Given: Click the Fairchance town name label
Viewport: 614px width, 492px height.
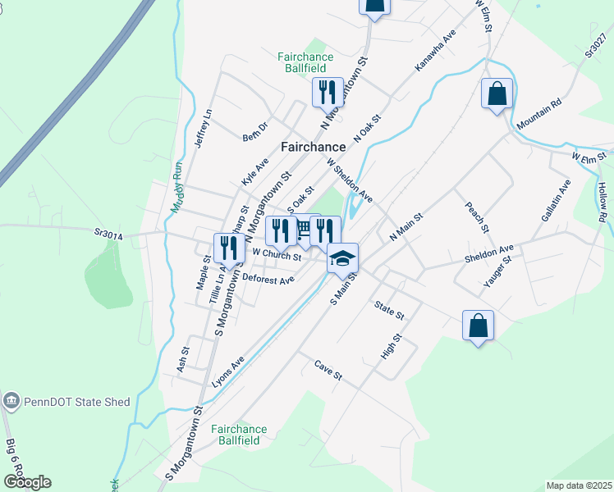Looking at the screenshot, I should pyautogui.click(x=313, y=147).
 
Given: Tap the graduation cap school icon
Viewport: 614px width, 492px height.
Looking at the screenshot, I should pyautogui.click(x=342, y=258).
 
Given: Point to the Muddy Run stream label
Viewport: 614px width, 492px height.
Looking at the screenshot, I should pyautogui.click(x=176, y=187).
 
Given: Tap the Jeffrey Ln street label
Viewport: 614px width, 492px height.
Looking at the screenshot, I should pyautogui.click(x=203, y=129).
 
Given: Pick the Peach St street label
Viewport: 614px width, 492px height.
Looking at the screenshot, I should pyautogui.click(x=476, y=217).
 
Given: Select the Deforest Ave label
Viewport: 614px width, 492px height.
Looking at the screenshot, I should pyautogui.click(x=268, y=280).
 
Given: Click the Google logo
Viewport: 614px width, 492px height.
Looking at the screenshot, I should pyautogui.click(x=26, y=482).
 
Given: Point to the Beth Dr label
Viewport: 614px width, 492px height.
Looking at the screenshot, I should pyautogui.click(x=255, y=131).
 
